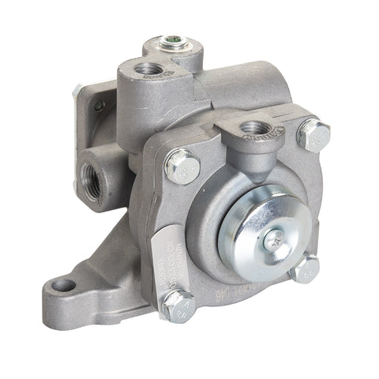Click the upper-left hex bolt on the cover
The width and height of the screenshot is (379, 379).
(x=183, y=166)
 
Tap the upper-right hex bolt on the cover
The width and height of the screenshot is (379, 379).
(x=313, y=135)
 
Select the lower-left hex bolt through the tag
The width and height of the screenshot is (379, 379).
(x=178, y=306)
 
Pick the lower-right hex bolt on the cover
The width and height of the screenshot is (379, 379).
(x=306, y=268)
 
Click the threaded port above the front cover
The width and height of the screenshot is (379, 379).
(x=253, y=127)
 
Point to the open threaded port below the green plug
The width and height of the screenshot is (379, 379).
(x=147, y=69)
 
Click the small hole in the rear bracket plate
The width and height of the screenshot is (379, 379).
(x=99, y=105)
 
